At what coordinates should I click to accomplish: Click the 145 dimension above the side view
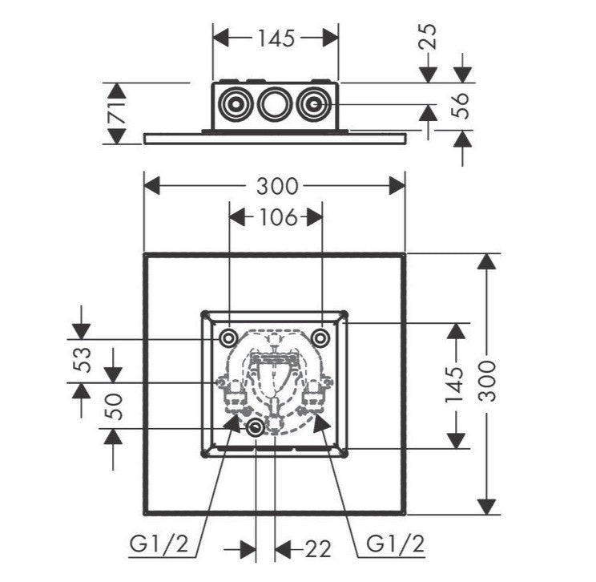[276, 38]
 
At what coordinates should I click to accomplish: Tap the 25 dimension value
[427, 37]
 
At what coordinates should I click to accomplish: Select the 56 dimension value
[460, 106]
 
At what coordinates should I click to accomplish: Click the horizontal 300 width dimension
[277, 187]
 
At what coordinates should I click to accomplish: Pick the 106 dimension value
[277, 217]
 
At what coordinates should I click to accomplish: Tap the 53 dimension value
[83, 360]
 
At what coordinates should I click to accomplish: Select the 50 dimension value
[114, 406]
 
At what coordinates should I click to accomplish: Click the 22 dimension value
[318, 549]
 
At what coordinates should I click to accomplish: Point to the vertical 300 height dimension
[487, 382]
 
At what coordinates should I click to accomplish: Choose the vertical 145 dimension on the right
[455, 384]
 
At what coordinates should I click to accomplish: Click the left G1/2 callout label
[159, 544]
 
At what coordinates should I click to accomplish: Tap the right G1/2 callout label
[395, 544]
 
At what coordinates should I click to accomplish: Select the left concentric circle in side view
[237, 103]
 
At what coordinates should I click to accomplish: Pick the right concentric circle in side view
[313, 103]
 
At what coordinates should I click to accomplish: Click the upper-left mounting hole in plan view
[228, 337]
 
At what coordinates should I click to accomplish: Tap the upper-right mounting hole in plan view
[320, 337]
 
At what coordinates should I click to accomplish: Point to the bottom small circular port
[255, 428]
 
